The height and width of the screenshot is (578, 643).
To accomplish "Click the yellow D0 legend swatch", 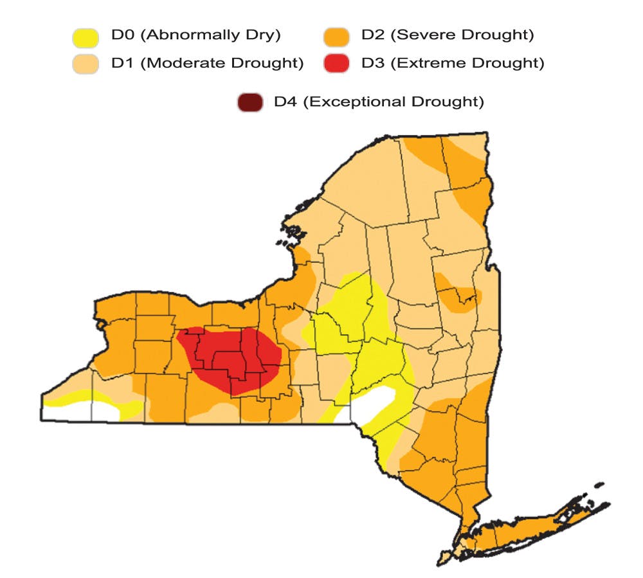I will (x=86, y=37).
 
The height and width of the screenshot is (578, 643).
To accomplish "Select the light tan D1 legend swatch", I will (x=86, y=64).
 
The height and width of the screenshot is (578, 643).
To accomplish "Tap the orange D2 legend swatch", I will (x=336, y=37).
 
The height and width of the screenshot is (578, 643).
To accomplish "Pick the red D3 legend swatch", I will (x=336, y=64).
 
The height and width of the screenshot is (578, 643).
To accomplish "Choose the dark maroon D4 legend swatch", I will (x=249, y=102).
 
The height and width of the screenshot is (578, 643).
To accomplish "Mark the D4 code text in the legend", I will (x=285, y=102).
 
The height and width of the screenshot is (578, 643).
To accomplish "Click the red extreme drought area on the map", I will (x=231, y=357).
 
